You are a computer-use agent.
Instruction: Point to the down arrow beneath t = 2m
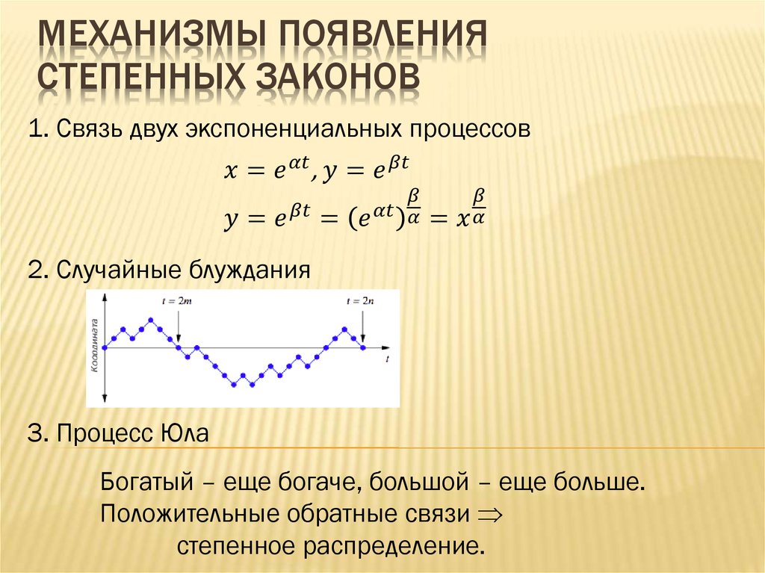pos(179,325)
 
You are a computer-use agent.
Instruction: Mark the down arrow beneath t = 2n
pos(362,326)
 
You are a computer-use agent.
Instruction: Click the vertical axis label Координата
pos(95,347)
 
